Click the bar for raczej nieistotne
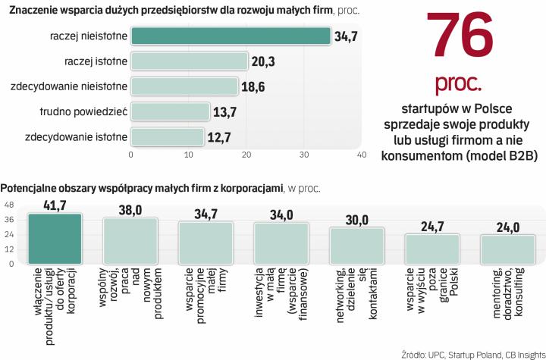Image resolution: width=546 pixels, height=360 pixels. (231, 36)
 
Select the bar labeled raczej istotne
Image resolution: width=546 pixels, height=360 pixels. (190, 61)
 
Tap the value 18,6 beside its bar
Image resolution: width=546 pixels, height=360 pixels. (253, 87)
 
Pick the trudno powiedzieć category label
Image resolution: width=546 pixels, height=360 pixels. (83, 112)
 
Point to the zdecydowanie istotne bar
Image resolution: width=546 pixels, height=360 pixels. (167, 137)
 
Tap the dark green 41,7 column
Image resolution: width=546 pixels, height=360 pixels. (55, 238)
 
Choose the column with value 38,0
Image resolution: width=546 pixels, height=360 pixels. (130, 241)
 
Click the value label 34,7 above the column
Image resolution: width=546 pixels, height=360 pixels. (206, 213)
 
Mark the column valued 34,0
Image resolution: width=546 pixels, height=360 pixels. (281, 243)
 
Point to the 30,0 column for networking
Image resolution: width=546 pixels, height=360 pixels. (356, 246)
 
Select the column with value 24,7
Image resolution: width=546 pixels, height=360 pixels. (432, 249)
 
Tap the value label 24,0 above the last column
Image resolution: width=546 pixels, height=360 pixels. (507, 227)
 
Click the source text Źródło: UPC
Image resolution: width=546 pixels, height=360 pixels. (425, 352)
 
